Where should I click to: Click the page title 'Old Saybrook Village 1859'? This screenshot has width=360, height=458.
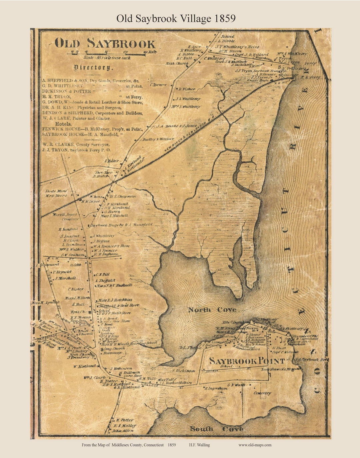point(176,19)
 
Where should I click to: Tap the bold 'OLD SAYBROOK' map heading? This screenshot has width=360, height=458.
point(105,44)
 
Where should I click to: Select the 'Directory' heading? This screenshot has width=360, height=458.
point(94,68)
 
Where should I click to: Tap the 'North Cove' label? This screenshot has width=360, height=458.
point(212,310)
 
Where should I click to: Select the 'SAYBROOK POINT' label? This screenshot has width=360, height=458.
point(247,361)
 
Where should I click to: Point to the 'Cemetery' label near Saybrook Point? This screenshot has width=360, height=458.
point(262,393)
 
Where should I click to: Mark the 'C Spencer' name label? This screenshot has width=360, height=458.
point(158,85)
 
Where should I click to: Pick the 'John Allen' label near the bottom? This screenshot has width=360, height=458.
point(123,431)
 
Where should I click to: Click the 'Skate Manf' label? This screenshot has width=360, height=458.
point(56,191)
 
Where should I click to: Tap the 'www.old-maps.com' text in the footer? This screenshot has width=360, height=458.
point(255,445)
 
